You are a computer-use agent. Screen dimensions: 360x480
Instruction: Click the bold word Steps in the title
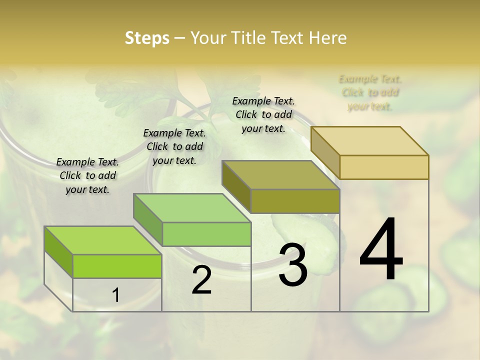tap(147, 38)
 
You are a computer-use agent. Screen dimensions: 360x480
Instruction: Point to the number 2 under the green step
tap(201, 280)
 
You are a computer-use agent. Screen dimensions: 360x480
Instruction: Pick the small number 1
tap(115, 295)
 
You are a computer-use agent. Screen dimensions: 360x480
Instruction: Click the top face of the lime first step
tap(102, 240)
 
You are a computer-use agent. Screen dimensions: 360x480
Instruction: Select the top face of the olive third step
tap(280, 175)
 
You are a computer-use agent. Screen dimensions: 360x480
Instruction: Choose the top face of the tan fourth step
tap(369, 141)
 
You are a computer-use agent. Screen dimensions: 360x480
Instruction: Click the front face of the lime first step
tap(117, 266)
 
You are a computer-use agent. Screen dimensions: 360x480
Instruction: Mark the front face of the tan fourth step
tap(384, 167)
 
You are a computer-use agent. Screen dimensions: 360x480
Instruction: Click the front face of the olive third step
tap(295, 201)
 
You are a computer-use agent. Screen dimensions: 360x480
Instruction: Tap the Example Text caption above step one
tap(87, 175)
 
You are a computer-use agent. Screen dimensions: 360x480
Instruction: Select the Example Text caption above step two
tap(174, 146)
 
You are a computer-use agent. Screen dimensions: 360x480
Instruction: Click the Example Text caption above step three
tap(263, 114)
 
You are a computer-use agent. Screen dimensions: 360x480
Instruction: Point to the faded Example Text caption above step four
tap(370, 92)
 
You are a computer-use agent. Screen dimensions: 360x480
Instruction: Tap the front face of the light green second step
tap(206, 234)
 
